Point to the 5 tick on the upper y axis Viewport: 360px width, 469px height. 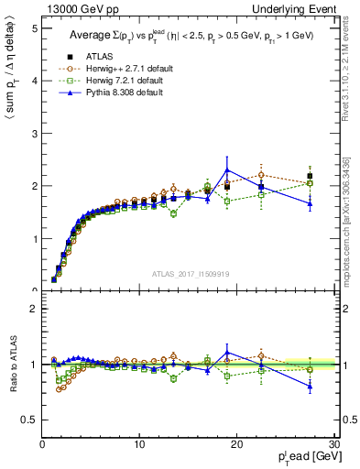[34, 28]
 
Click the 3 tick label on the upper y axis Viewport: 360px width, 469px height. [34, 134]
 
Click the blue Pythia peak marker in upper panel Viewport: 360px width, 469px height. [227, 170]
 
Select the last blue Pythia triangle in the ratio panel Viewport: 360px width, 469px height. [310, 387]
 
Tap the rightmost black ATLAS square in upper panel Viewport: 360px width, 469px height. [310, 176]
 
